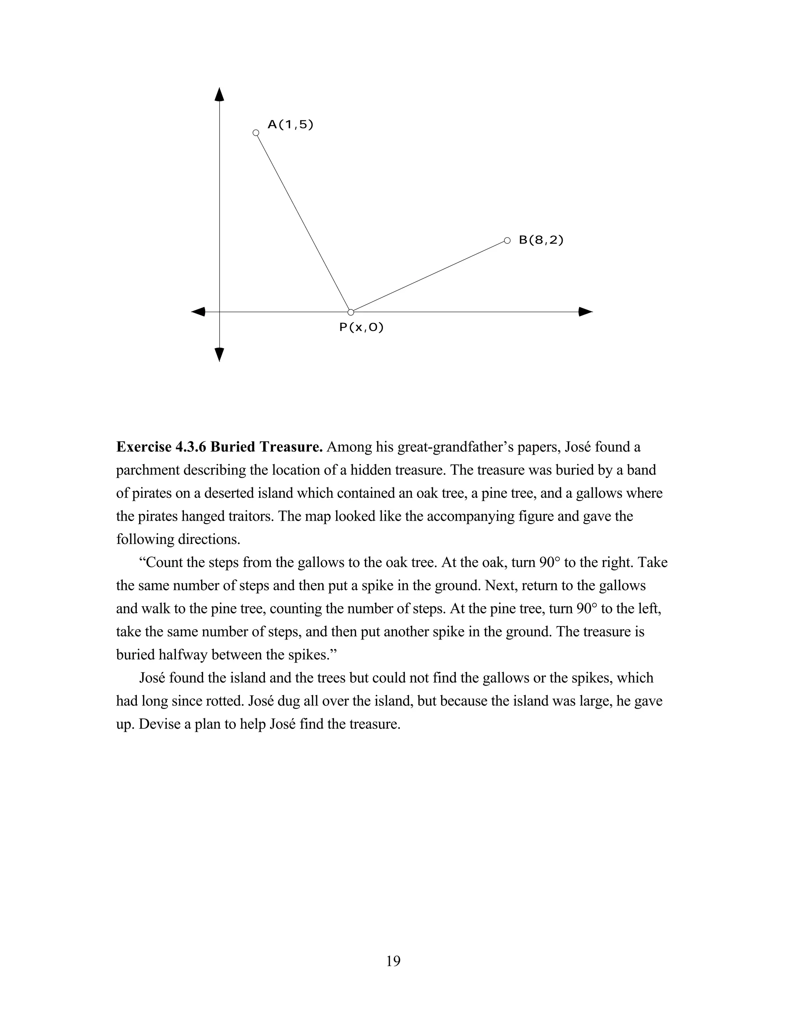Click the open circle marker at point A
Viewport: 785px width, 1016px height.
pyautogui.click(x=255, y=133)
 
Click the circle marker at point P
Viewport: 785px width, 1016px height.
pyautogui.click(x=351, y=312)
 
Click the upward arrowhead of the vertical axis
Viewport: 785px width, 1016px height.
pyautogui.click(x=219, y=94)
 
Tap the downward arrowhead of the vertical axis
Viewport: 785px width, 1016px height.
pyautogui.click(x=219, y=355)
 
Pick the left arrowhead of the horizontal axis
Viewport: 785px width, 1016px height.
pyautogui.click(x=199, y=312)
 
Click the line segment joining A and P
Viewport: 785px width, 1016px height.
pyautogui.click(x=302, y=222)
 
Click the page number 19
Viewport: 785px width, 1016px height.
pyautogui.click(x=393, y=960)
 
